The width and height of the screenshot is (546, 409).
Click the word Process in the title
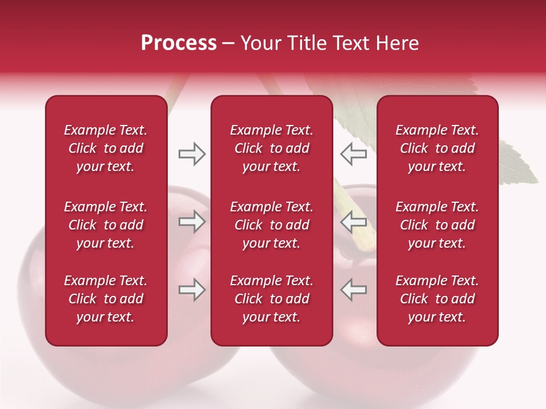179,43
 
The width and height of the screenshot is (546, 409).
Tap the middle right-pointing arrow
192,222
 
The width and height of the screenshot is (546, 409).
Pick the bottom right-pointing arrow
192,290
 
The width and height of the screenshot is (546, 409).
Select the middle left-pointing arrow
353,222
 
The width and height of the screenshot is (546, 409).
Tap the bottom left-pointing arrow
353,290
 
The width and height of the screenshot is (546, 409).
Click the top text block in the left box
106,148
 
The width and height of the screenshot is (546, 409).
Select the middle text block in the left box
106,225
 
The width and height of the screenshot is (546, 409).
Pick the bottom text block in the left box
106,299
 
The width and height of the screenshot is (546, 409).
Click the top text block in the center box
271,148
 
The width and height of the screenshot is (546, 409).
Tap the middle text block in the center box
271,225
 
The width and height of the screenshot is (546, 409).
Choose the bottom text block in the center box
271,299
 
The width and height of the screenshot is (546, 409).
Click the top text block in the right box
437,148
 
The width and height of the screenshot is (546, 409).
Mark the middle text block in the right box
437,225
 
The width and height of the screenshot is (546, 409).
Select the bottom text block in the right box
437,299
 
